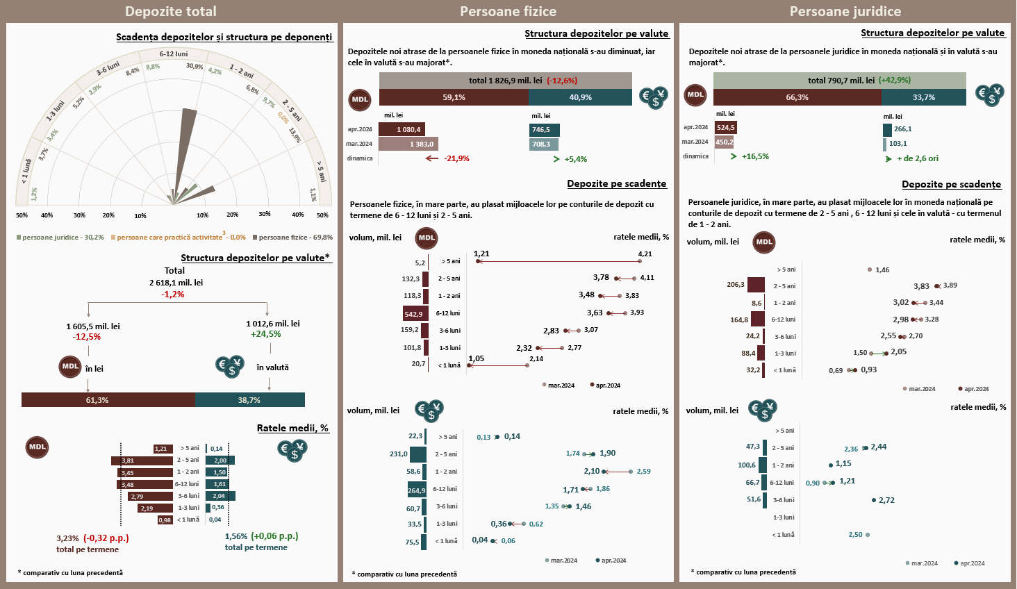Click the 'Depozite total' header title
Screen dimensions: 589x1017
pyautogui.click(x=171, y=12)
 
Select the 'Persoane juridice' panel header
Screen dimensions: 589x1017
pyautogui.click(x=845, y=12)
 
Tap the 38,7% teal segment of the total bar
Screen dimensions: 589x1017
pyautogui.click(x=249, y=400)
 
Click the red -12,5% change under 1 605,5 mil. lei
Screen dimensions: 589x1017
pyautogui.click(x=87, y=337)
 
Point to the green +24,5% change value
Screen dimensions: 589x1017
pyautogui.click(x=266, y=334)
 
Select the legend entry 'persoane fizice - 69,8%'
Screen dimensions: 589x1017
pyautogui.click(x=292, y=238)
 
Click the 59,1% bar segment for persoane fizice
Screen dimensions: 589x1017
pyautogui.click(x=454, y=97)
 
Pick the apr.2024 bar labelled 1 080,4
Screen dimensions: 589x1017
pyautogui.click(x=402, y=129)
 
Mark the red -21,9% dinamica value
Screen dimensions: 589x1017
pyautogui.click(x=456, y=158)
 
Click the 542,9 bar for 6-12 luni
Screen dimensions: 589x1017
pyautogui.click(x=415, y=314)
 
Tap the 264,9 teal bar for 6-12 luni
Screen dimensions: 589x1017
pyautogui.click(x=417, y=490)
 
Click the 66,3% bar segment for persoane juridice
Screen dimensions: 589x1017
pyautogui.click(x=797, y=97)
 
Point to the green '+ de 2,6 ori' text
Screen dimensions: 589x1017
pyautogui.click(x=917, y=158)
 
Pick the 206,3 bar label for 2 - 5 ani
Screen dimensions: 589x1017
pyautogui.click(x=736, y=285)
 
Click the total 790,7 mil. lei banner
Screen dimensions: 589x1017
pyautogui.click(x=839, y=81)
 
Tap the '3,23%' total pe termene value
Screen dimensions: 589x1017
pyautogui.click(x=67, y=538)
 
